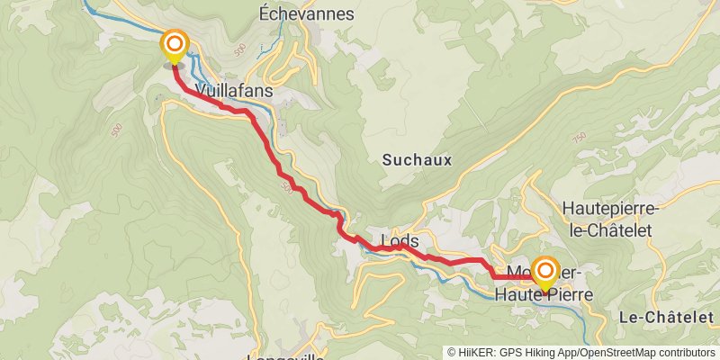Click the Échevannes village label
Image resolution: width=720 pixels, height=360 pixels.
[306, 13]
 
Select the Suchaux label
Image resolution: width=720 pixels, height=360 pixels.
[417, 160]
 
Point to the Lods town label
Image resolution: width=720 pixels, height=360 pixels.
[400, 241]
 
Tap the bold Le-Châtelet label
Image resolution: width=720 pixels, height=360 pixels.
[668, 316]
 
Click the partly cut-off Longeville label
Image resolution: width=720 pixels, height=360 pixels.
[286, 356]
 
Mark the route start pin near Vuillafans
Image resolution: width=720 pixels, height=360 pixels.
[174, 46]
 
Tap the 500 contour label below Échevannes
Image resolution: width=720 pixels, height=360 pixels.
[238, 49]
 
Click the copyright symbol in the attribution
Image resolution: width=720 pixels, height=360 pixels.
[453, 352]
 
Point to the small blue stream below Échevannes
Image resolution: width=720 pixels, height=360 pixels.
[281, 36]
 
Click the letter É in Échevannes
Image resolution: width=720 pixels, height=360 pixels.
[264, 13]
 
